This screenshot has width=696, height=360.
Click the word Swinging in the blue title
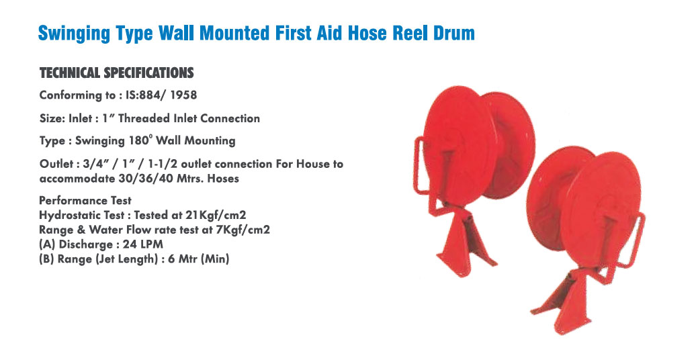coord(73,34)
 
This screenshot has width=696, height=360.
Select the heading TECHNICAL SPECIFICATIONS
coord(117,73)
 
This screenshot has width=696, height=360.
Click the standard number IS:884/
coord(146,95)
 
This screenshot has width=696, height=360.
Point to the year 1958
coord(183,95)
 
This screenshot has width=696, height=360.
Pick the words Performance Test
coord(85,200)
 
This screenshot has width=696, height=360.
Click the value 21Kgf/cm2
coord(216,216)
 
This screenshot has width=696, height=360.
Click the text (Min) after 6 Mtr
coord(215,259)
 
